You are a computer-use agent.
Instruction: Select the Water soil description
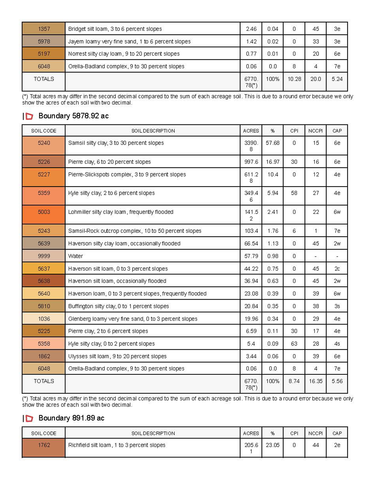coord(75,256)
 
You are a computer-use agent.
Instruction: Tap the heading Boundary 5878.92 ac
coord(73,116)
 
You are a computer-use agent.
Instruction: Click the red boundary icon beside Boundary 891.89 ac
coord(30,418)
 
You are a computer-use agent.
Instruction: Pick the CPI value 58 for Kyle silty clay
coord(294,193)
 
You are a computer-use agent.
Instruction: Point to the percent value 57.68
coord(272,143)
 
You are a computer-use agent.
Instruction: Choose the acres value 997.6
coord(251,162)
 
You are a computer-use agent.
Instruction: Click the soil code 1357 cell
coord(44,29)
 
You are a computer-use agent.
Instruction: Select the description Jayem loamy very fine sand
coord(129,42)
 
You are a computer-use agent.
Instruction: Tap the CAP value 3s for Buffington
coord(337,306)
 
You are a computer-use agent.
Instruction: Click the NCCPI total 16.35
coord(316,381)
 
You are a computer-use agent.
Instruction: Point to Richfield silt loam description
coord(117,445)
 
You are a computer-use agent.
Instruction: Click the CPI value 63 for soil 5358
coord(294,344)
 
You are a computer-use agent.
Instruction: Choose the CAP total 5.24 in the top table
coord(337,79)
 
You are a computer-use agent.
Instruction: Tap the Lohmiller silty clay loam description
coord(121,212)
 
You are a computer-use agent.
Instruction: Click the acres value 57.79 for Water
coord(251,256)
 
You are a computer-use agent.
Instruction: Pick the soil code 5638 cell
coord(44,281)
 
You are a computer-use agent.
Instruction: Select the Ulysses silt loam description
coord(117,356)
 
